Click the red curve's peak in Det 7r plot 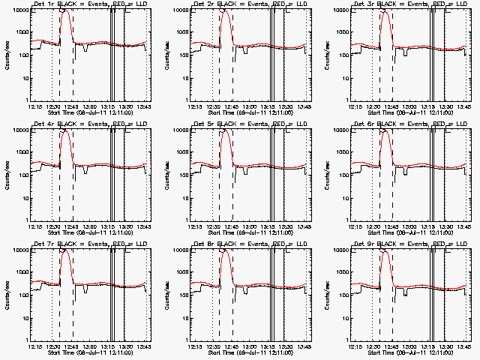click(x=66, y=250)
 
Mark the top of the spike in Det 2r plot click(x=226, y=10)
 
